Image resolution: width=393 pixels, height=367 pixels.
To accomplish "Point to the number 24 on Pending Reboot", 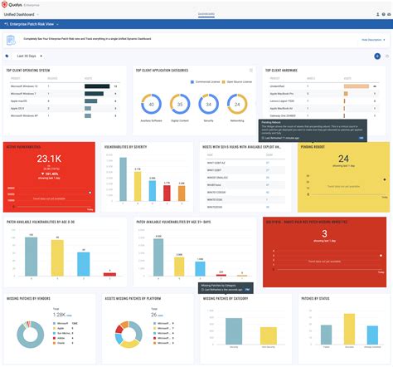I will (x=343, y=158).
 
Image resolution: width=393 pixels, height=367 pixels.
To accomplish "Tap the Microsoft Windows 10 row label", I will (x=22, y=85).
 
